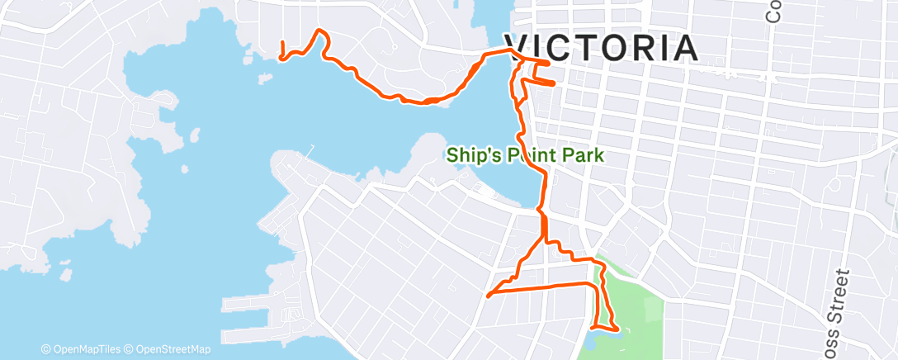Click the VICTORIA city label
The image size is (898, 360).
[601, 49]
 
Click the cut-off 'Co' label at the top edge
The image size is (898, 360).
[774, 12]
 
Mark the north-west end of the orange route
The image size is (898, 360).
[282, 43]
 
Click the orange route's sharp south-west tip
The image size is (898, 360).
[489, 294]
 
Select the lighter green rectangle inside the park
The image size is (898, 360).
[652, 311]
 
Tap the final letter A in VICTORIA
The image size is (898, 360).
[683, 49]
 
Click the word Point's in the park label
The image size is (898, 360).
[531, 154]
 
